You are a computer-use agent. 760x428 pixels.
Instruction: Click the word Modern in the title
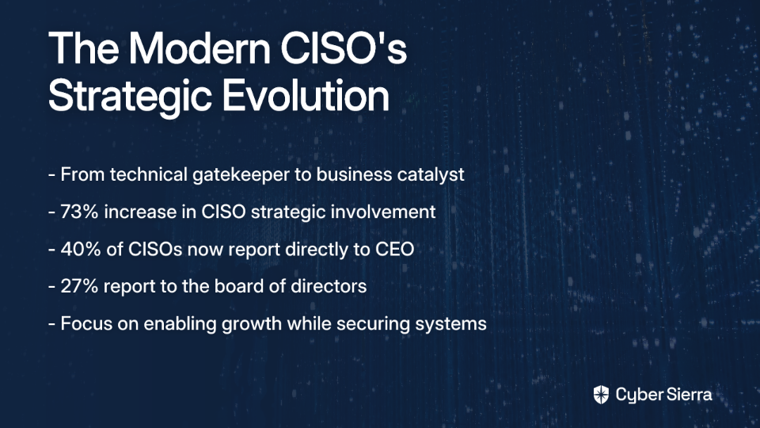199,48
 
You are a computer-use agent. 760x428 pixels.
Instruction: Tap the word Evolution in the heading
306,96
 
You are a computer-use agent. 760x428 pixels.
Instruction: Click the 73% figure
79,212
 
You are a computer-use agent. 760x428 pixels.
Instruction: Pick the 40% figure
80,250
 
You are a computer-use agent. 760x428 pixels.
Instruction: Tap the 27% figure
79,286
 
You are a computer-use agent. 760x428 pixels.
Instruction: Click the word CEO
394,250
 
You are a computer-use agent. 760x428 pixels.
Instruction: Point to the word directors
329,286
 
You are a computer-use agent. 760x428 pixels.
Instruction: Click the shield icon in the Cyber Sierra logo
601,395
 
